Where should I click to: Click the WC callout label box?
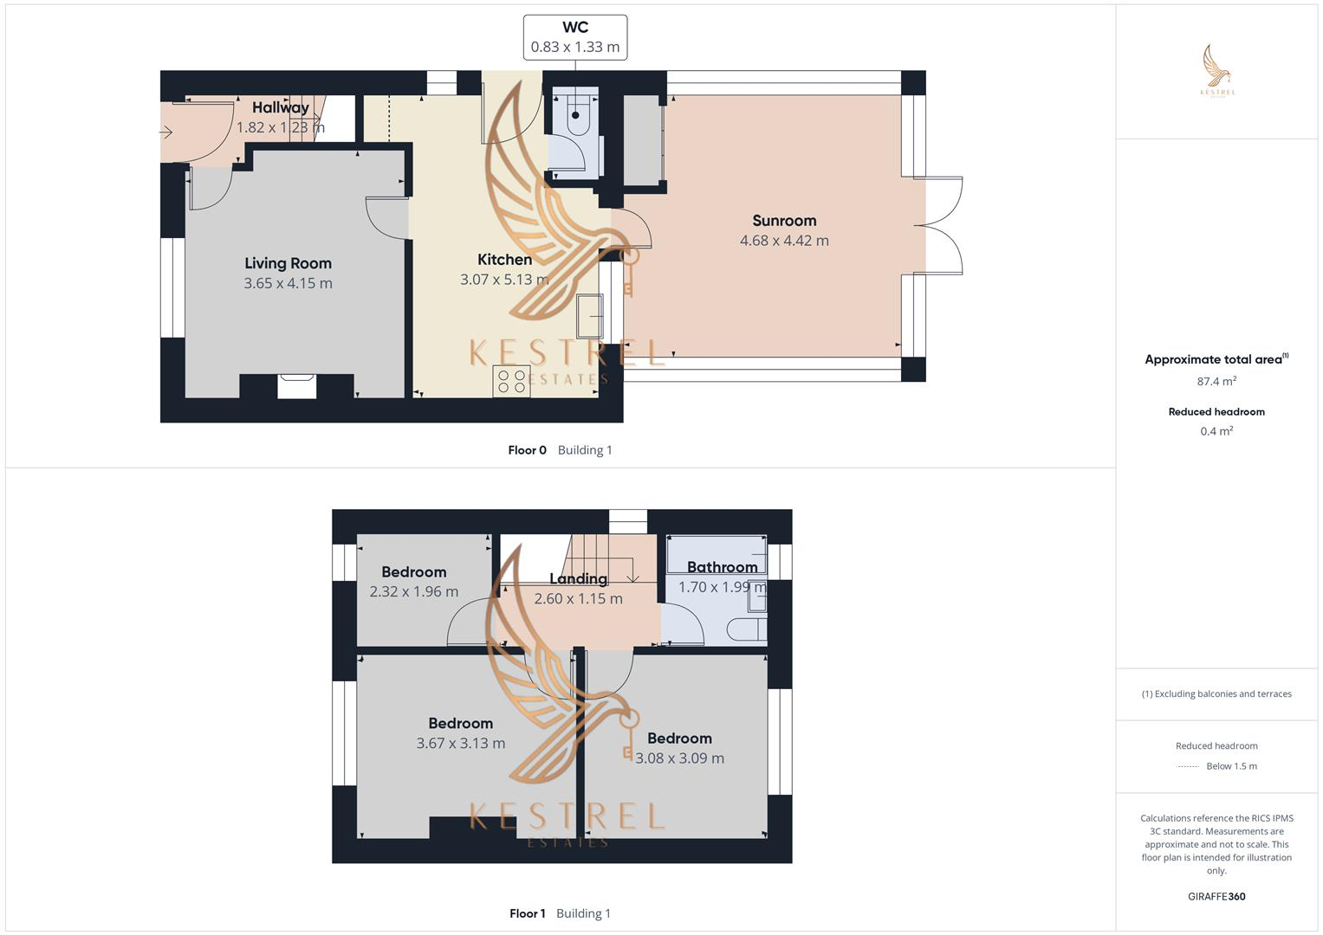[574, 37]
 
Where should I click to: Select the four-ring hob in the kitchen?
[511, 381]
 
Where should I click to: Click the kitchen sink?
[590, 316]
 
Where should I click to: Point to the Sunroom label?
[784, 221]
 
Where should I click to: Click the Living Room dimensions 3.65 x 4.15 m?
[288, 283]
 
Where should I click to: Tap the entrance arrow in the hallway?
[166, 132]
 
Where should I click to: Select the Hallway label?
[280, 107]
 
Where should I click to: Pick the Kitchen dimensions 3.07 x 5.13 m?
[504, 280]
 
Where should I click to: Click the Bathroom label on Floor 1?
[722, 567]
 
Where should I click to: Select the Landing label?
[578, 578]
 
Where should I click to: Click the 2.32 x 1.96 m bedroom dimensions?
[413, 591]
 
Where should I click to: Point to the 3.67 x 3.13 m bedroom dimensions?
[460, 743]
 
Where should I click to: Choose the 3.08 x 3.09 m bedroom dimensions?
[679, 758]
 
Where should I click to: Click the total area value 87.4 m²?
[1216, 381]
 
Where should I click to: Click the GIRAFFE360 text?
[1216, 896]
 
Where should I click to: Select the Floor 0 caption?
[527, 450]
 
